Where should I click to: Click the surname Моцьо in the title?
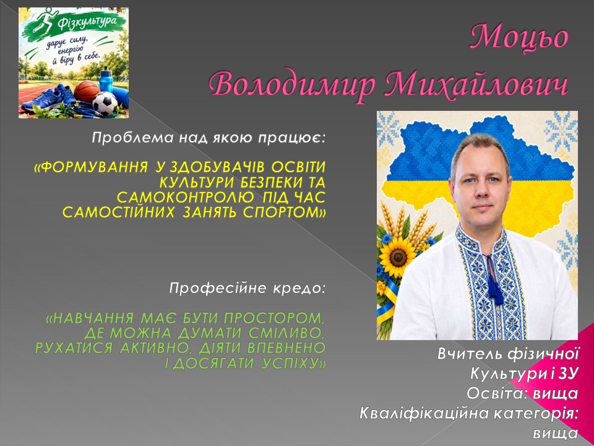[x=519, y=38]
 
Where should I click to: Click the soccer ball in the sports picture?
[x=105, y=103]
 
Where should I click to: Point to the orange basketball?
[x=87, y=92]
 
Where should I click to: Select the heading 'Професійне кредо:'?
[x=247, y=289]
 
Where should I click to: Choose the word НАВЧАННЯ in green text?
[x=90, y=318]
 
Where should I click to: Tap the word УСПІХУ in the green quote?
[x=293, y=364]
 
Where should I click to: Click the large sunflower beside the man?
[x=397, y=256]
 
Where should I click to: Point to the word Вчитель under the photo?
[x=470, y=354]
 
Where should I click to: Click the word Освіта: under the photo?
[x=497, y=394]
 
